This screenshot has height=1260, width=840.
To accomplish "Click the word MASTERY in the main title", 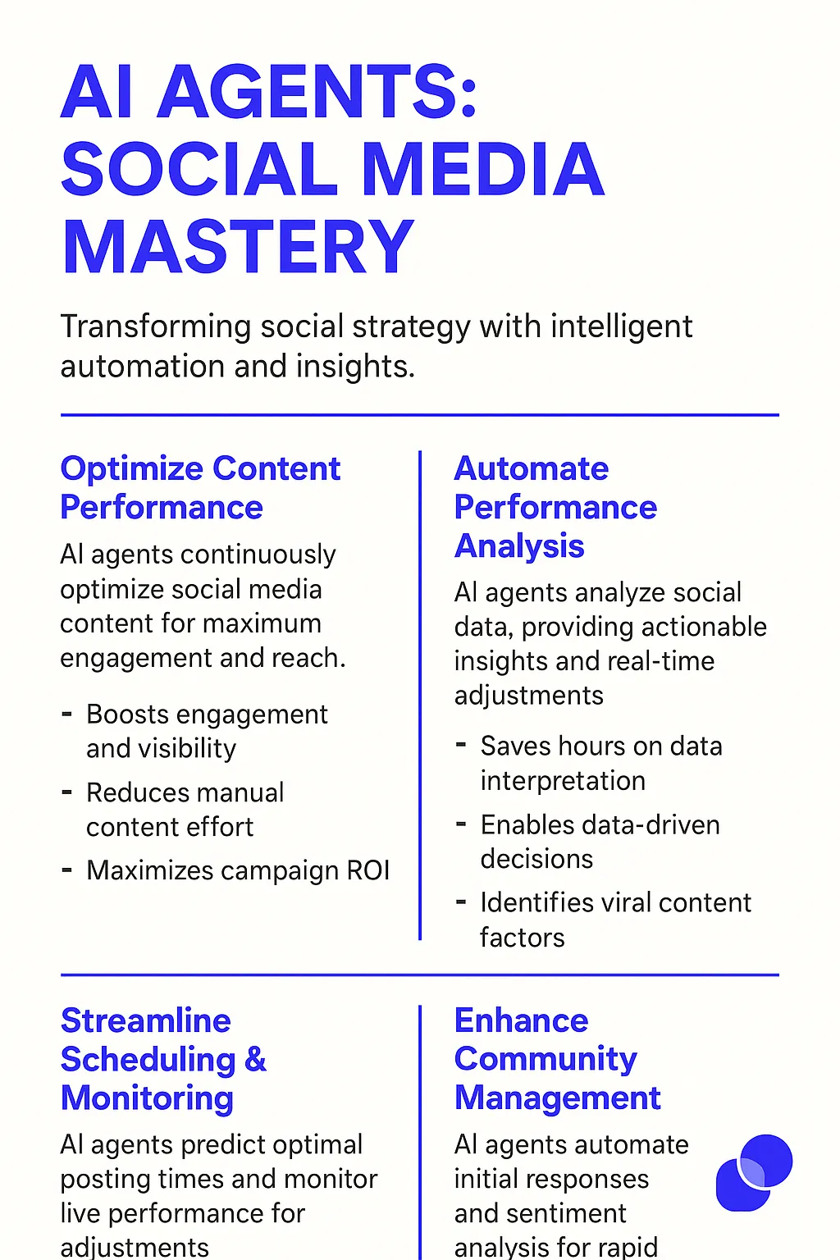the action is [x=238, y=247].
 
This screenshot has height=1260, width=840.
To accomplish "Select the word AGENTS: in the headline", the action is [x=317, y=91].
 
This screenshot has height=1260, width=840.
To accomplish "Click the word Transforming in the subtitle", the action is [x=155, y=327].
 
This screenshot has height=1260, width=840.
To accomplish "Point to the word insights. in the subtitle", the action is [x=355, y=366].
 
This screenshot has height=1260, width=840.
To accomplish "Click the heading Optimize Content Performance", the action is [x=200, y=488].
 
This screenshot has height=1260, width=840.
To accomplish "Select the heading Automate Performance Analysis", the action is [x=556, y=507].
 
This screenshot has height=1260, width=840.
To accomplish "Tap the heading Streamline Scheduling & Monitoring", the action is [x=163, y=1059].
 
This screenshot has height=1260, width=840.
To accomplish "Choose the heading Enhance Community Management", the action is [x=558, y=1059].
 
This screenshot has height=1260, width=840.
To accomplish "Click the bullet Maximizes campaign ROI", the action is [x=238, y=870].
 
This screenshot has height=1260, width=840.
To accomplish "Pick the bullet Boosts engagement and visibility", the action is [x=207, y=731].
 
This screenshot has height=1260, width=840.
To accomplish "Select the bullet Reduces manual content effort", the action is [x=185, y=810].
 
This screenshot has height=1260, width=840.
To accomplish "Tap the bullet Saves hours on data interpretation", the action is [x=601, y=763].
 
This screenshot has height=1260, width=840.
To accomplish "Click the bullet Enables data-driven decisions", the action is [x=600, y=842].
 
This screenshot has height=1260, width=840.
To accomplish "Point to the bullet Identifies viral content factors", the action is [x=616, y=920].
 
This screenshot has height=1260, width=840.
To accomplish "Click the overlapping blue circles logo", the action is [x=755, y=1173].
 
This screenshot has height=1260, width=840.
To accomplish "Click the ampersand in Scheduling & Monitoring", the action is [x=255, y=1060].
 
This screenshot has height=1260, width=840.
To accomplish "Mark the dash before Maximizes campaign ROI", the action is [x=67, y=870].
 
